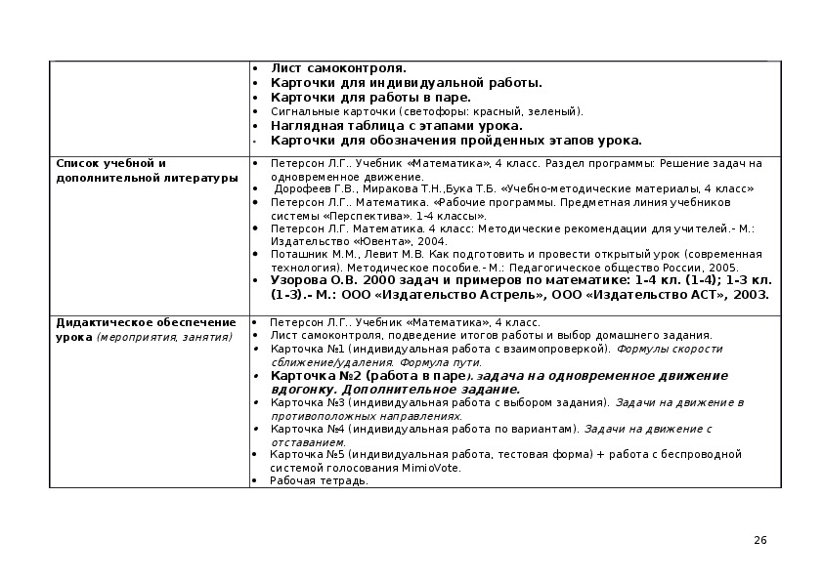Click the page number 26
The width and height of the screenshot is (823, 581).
click(761, 541)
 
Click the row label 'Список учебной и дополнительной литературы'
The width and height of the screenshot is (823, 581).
click(147, 170)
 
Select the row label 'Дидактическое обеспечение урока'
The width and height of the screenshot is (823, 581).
click(146, 329)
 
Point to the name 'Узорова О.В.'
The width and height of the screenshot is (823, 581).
click(309, 279)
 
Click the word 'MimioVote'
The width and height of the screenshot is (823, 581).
click(431, 468)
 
